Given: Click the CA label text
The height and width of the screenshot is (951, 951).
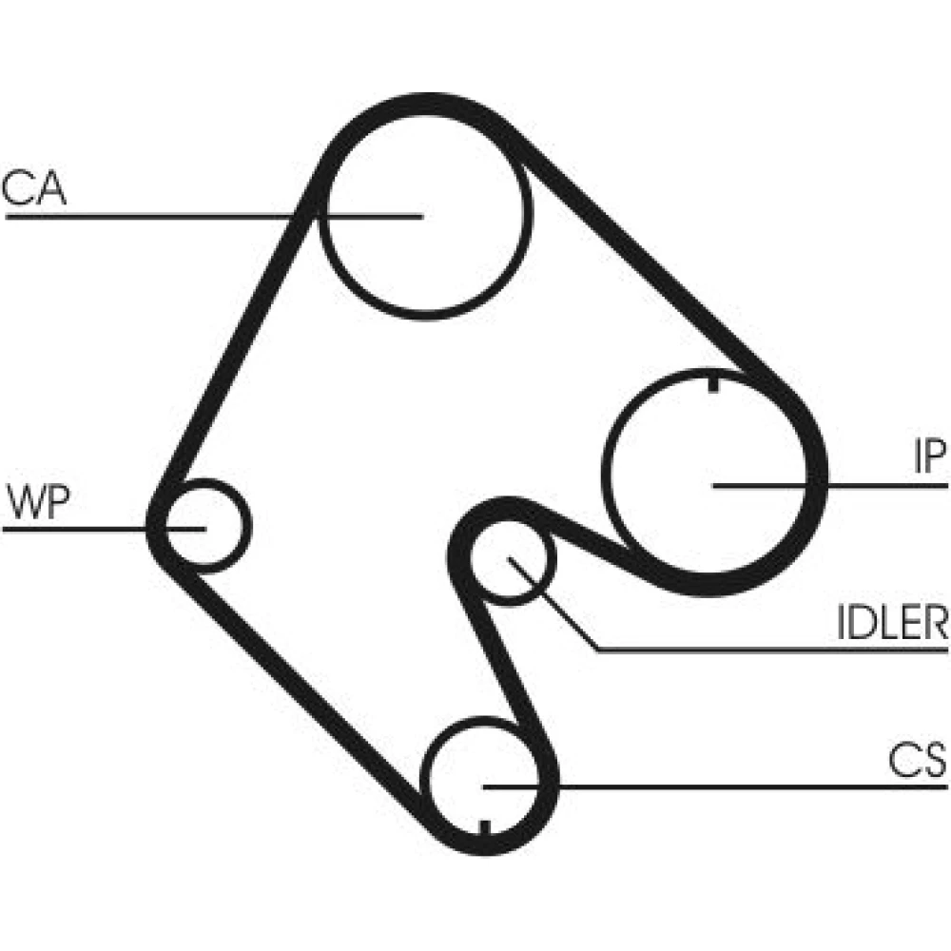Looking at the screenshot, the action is click(x=34, y=187).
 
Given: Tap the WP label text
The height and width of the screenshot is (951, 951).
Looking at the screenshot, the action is click(x=39, y=503).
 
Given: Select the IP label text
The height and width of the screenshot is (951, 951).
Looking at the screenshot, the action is click(x=930, y=456).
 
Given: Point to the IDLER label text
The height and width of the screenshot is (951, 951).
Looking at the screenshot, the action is click(x=892, y=622).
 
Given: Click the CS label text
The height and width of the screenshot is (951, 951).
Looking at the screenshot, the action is click(x=918, y=760).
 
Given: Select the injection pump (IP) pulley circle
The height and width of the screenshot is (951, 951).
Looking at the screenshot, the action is click(x=607, y=473).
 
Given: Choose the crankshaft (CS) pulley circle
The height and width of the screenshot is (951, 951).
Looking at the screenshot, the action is click(x=424, y=783).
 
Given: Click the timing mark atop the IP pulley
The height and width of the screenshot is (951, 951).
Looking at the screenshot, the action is click(x=713, y=383).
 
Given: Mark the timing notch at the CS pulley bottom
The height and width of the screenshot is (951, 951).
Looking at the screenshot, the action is click(x=484, y=828).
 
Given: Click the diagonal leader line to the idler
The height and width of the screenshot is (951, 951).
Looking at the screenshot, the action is click(x=553, y=604).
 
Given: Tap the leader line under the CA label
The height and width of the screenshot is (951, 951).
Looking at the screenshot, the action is click(x=213, y=216).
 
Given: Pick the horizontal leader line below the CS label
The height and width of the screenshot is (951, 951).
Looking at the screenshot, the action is click(x=715, y=787).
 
